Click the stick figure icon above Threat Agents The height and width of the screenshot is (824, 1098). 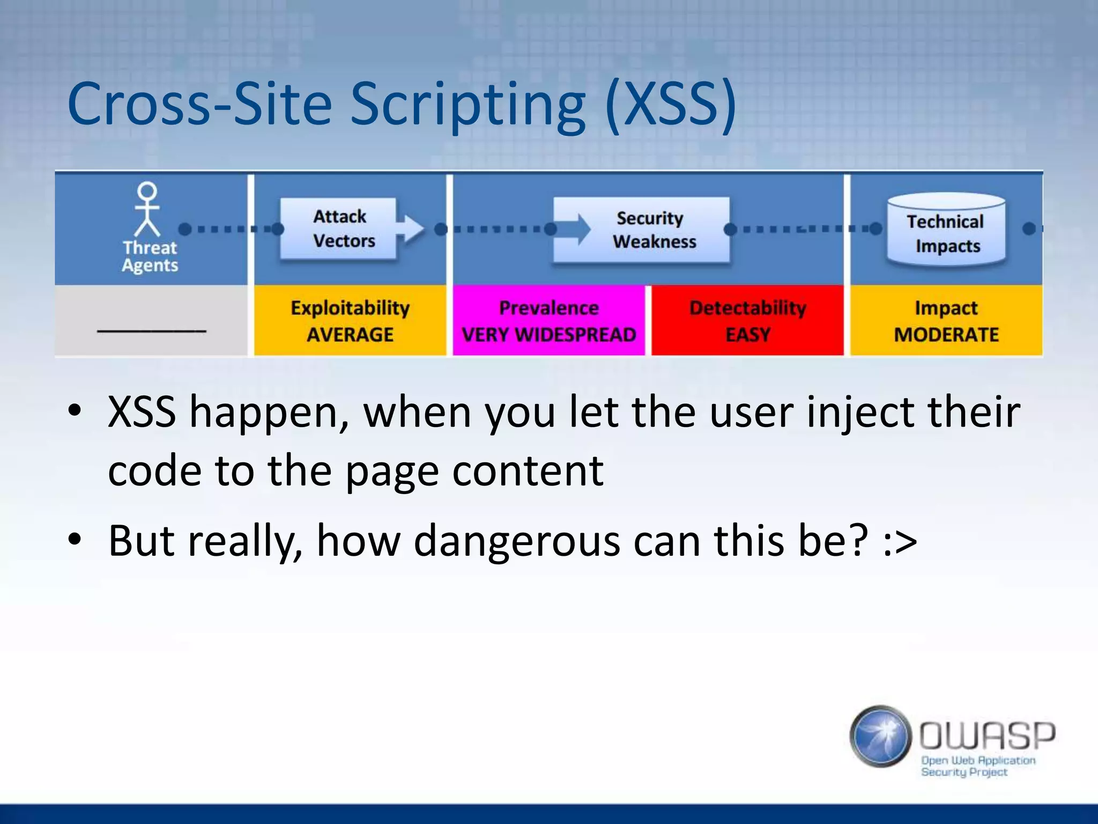click(147, 209)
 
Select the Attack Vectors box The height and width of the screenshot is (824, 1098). click(339, 229)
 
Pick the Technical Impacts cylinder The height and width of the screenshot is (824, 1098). click(946, 231)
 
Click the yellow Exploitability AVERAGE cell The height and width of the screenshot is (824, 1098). click(350, 320)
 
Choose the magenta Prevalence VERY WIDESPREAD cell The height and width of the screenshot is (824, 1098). click(548, 320)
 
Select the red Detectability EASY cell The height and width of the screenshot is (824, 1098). click(747, 320)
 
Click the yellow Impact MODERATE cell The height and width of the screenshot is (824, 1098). click(946, 320)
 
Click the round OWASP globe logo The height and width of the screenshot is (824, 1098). click(880, 736)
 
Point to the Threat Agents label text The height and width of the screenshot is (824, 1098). click(150, 256)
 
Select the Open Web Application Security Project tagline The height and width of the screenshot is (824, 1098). click(977, 766)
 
